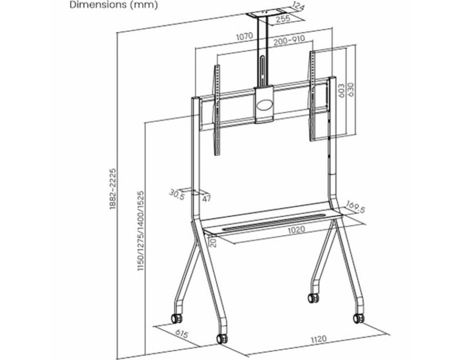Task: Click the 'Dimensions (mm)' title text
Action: click(113, 5)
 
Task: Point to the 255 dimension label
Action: click(282, 19)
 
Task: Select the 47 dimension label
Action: click(207, 198)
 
